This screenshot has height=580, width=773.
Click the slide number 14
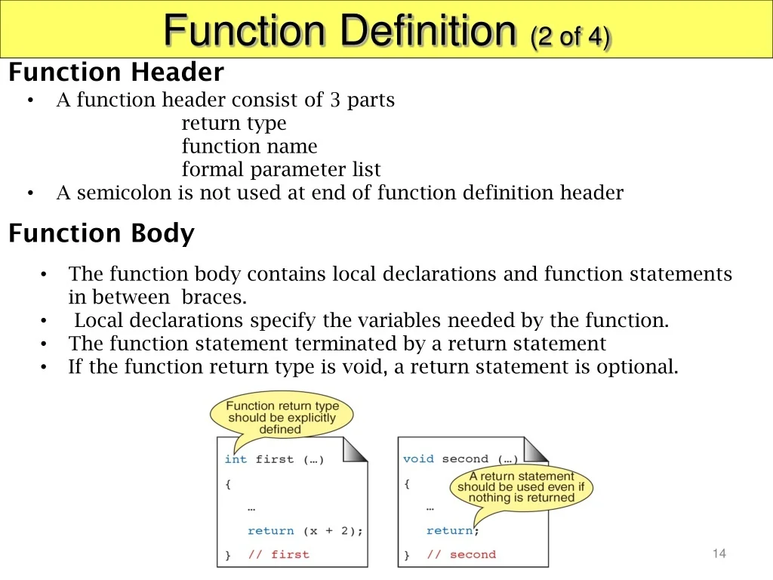tap(719, 554)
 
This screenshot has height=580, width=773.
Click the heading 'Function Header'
tap(116, 72)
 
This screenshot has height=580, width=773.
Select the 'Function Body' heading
tap(102, 233)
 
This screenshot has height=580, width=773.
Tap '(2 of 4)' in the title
tap(571, 36)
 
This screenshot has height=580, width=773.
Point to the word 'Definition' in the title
tap(428, 30)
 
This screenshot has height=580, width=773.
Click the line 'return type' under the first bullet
tap(234, 123)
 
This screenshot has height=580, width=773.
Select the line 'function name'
tap(249, 146)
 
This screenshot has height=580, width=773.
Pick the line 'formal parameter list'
tap(281, 169)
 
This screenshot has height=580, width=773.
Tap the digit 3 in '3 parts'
tap(335, 100)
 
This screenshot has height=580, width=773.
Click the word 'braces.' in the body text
tap(214, 297)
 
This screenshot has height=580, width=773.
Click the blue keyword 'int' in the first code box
tap(236, 459)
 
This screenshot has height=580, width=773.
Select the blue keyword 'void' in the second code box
tap(418, 458)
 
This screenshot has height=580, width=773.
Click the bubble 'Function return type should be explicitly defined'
tap(282, 417)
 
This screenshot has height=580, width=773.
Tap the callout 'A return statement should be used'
tap(521, 487)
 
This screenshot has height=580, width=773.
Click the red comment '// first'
tap(279, 554)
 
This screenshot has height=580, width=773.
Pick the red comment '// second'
tap(461, 554)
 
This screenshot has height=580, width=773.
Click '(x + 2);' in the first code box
tap(333, 531)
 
